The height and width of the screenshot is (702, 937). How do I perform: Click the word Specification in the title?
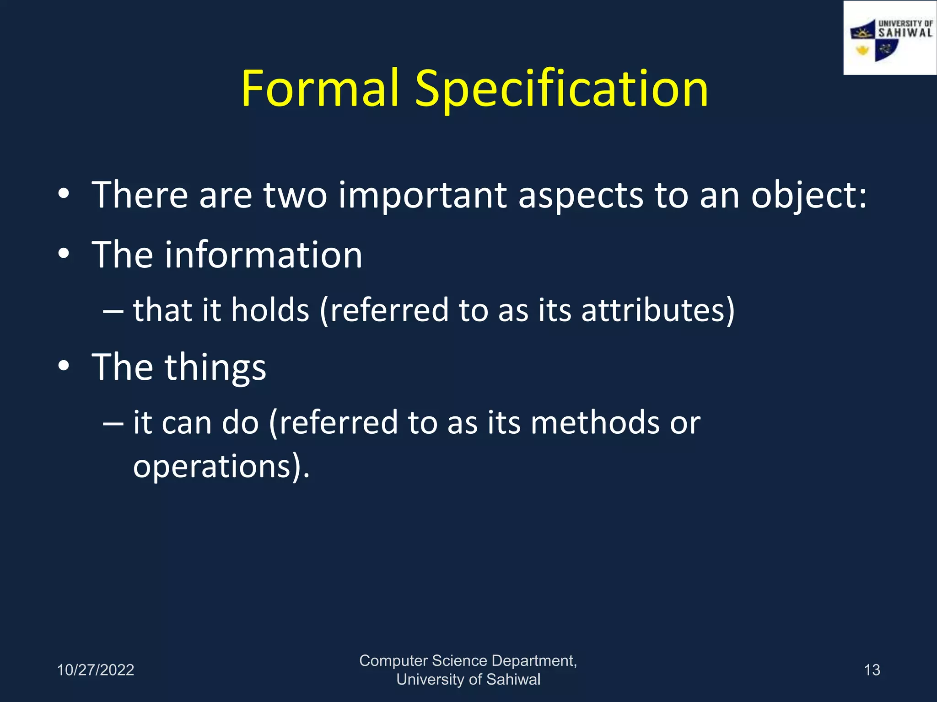point(561,89)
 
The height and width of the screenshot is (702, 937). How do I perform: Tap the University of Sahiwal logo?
point(889,38)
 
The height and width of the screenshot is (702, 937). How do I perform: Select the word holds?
point(270,310)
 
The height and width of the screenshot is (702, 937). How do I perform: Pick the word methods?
point(595,422)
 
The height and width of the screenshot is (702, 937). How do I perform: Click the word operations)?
point(221,466)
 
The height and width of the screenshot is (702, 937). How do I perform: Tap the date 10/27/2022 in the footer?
point(95,670)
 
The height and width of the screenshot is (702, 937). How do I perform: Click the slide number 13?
point(872,670)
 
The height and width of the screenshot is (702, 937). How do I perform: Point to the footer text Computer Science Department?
point(468,661)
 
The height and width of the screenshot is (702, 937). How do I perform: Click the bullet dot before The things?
point(64,366)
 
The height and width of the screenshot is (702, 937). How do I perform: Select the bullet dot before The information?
point(64,254)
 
